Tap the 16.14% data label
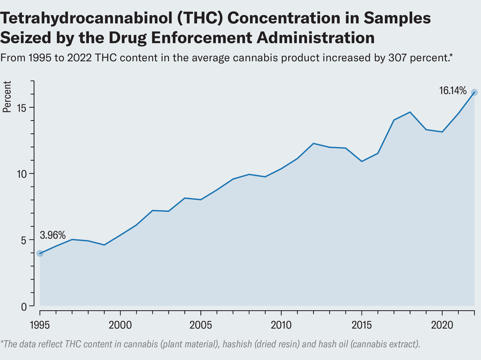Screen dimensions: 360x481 453,91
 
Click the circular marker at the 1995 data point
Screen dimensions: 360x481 40,253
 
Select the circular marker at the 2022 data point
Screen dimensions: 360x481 474,92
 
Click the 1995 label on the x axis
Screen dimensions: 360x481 40,324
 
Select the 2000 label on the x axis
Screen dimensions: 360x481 120,324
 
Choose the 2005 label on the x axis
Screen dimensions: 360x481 201,324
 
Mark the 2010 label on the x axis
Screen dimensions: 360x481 281,324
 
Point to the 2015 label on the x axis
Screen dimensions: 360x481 362,324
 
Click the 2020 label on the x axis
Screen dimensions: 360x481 442,324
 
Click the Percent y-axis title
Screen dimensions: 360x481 7,98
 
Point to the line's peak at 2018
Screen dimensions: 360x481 410,112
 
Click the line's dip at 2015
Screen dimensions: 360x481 362,161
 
